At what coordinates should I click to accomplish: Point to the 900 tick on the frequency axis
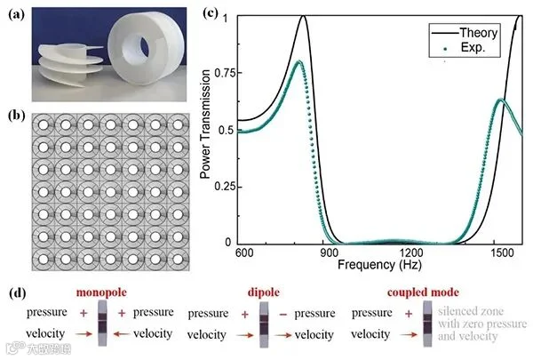pyautogui.click(x=329, y=252)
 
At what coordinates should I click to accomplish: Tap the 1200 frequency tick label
pyautogui.click(x=411, y=252)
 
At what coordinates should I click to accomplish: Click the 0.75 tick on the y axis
pyautogui.click(x=226, y=73)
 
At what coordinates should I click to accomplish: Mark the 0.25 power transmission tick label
pyautogui.click(x=226, y=187)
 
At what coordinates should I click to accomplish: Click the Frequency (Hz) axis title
pyautogui.click(x=379, y=264)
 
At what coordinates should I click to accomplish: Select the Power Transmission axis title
pyautogui.click(x=205, y=124)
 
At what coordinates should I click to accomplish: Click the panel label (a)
pyautogui.click(x=17, y=14)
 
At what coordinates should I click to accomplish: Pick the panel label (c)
pyautogui.click(x=210, y=12)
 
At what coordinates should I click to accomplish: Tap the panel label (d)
pyautogui.click(x=18, y=293)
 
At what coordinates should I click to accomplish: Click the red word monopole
pyautogui.click(x=101, y=292)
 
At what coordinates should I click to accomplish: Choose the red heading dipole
pyautogui.click(x=264, y=292)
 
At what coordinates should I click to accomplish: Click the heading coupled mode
pyautogui.click(x=423, y=292)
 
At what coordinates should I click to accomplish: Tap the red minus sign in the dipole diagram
pyautogui.click(x=283, y=315)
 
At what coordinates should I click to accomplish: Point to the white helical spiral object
pyautogui.click(x=70, y=65)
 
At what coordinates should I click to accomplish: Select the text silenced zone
pyautogui.click(x=471, y=311)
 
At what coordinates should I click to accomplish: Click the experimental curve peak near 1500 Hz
pyautogui.click(x=500, y=100)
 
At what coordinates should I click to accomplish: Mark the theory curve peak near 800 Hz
pyautogui.click(x=303, y=16)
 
